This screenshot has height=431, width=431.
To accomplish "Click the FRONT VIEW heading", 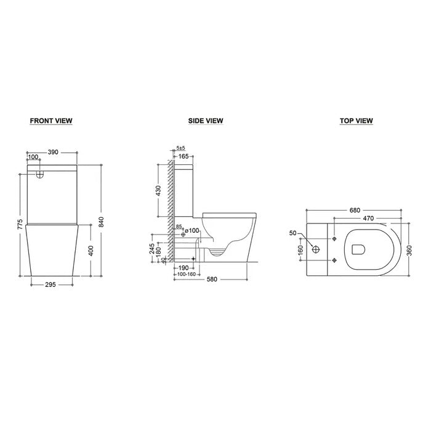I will coord(51,121).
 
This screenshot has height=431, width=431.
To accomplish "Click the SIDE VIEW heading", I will coord(206,121).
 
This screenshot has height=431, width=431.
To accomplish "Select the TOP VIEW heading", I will coord(356,121).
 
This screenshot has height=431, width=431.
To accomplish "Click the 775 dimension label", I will coord(20,225).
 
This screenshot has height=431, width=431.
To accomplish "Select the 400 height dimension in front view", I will coord(91,251).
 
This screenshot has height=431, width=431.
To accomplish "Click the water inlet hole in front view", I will coord(41,174).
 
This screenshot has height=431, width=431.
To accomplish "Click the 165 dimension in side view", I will coord(183,157).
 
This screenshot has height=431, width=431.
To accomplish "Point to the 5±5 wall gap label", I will coord(180,148).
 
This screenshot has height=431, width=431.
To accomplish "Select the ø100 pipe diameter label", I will coord(191,230).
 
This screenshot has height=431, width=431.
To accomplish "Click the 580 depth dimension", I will coord(212,278).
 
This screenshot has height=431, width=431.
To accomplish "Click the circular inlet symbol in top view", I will coord(317,250).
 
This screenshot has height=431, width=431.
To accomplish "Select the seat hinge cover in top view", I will coord(358,249).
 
